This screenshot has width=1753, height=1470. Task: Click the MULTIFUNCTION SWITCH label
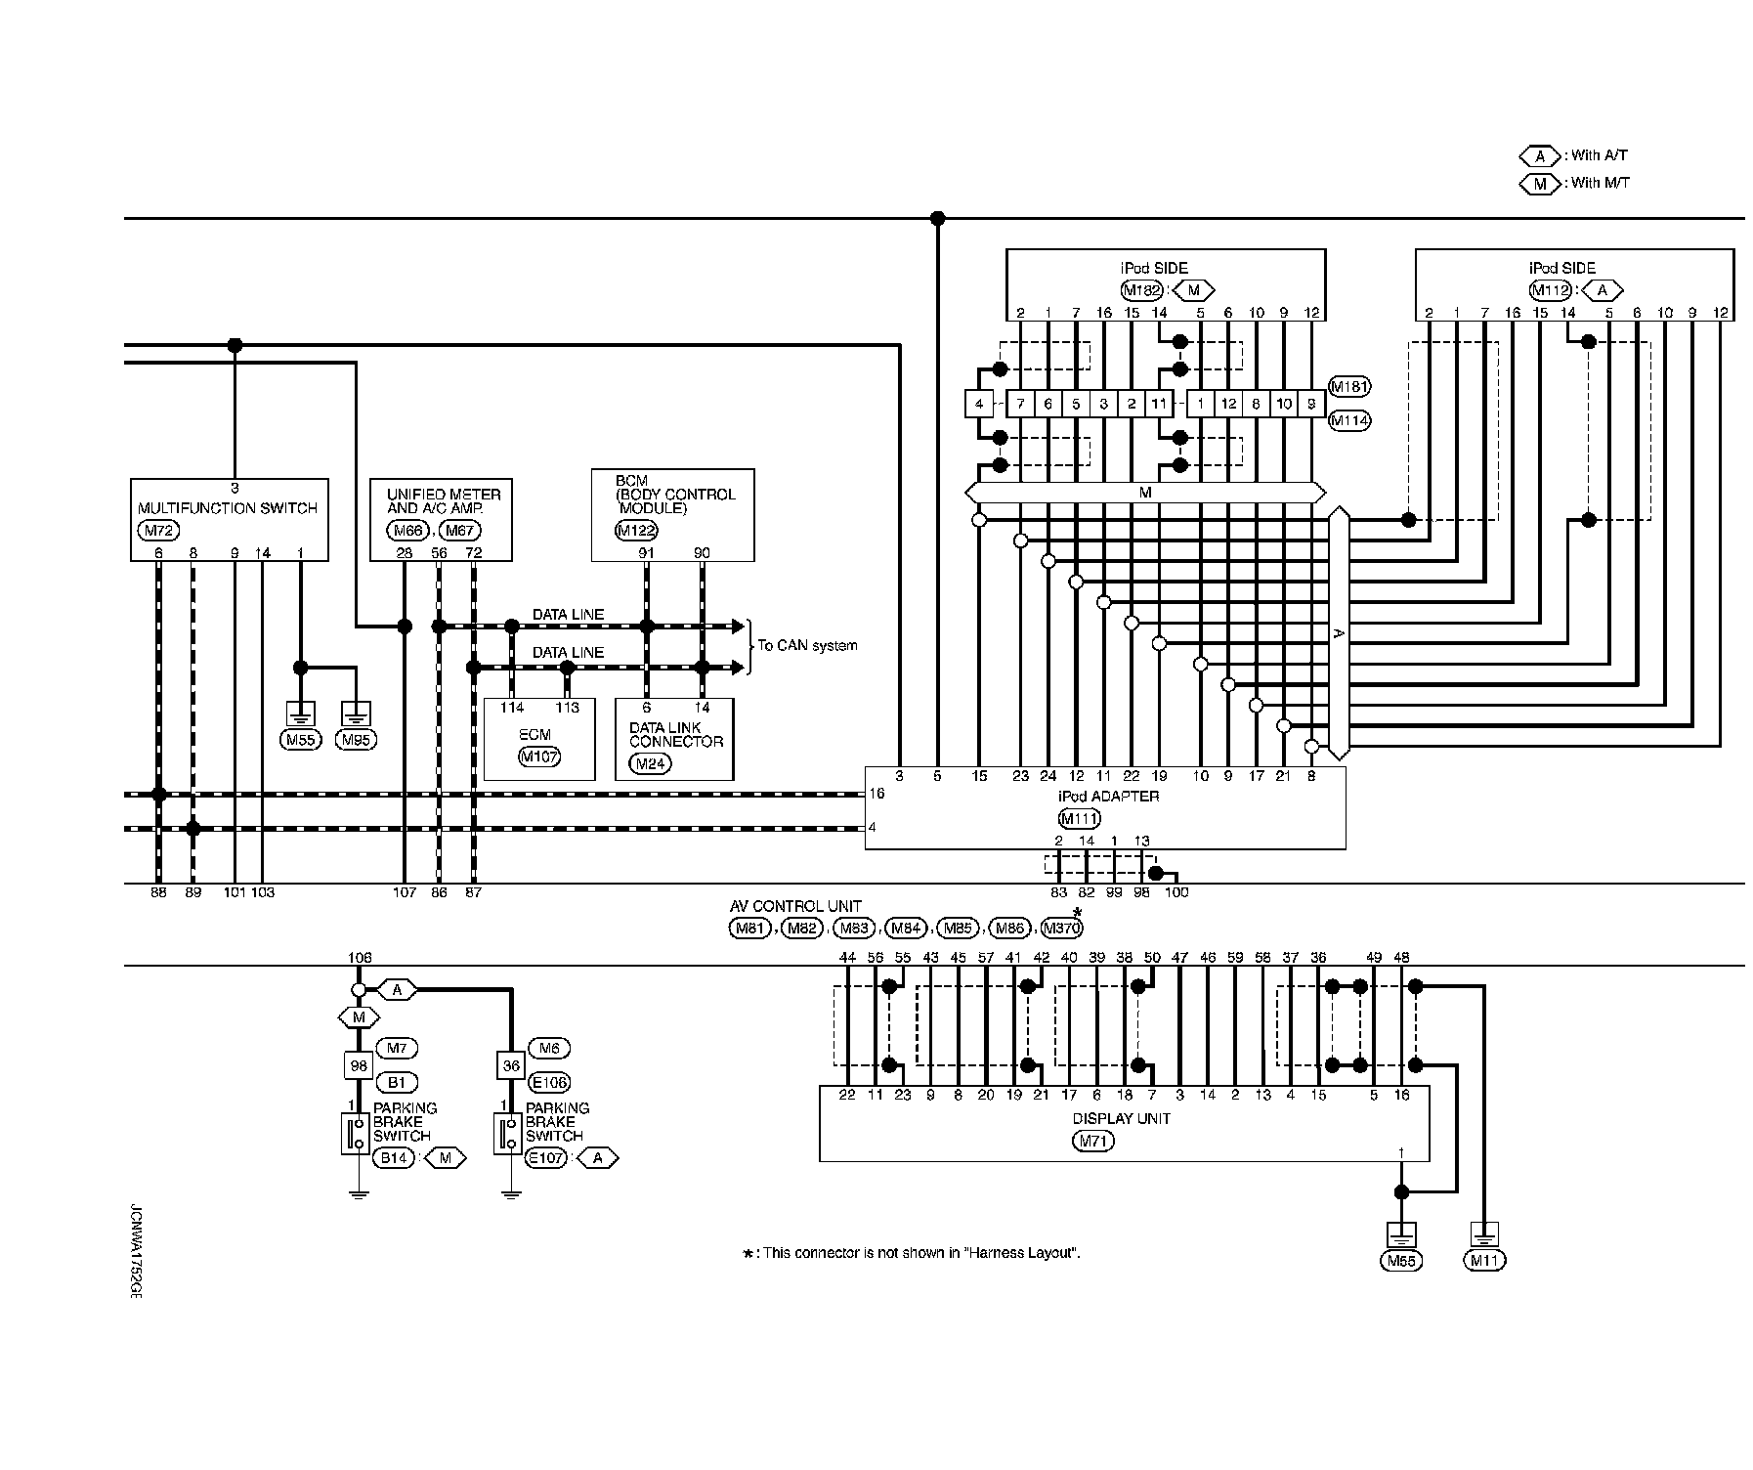[x=228, y=508]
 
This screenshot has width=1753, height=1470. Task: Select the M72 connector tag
[x=157, y=531]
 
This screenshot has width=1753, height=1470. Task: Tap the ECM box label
[x=535, y=734]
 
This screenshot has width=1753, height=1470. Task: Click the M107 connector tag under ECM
[x=539, y=757]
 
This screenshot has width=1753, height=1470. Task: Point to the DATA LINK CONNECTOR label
[x=675, y=734]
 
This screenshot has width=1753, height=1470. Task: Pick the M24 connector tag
[x=650, y=763]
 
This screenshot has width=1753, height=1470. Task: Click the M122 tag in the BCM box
[x=636, y=531]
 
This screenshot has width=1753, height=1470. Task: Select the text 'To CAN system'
[x=807, y=646]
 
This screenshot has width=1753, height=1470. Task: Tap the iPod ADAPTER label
[x=1108, y=797]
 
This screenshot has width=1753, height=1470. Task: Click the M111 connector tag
[x=1080, y=819]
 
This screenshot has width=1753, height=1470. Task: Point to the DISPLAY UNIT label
[x=1121, y=1119]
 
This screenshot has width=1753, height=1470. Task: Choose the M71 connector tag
[x=1093, y=1141]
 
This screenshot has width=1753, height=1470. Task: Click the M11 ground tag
[x=1483, y=1261]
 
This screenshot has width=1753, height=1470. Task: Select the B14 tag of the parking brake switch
[x=394, y=1158]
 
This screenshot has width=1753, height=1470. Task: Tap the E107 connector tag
[x=546, y=1158]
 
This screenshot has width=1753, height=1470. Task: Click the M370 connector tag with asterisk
[x=1062, y=929]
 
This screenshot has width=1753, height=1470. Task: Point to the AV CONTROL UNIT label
[x=795, y=907]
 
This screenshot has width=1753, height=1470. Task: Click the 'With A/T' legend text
[x=1600, y=155]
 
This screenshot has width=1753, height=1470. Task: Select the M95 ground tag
[x=356, y=740]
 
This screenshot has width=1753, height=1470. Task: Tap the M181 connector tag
[x=1349, y=387]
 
